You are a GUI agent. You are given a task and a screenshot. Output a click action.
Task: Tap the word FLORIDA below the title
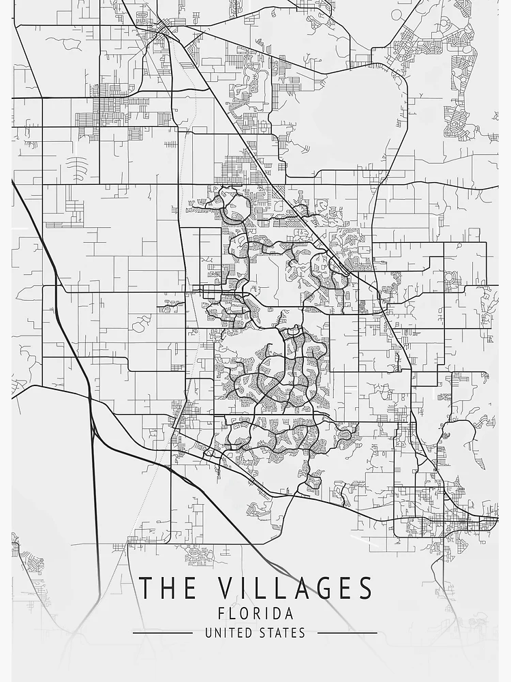coord(255,614)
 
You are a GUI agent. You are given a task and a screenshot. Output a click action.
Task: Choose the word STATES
coord(282,633)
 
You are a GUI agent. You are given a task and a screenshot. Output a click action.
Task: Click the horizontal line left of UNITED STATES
coord(162,633)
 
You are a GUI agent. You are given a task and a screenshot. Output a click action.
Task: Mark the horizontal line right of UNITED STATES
coord(347,633)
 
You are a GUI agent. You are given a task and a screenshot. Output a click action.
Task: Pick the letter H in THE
coord(164,589)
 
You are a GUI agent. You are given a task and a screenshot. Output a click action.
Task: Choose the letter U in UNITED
coord(208,633)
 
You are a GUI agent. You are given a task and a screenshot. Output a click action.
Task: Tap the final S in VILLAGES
coord(365,589)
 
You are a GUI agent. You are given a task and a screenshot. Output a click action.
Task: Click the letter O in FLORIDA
coord(243,614)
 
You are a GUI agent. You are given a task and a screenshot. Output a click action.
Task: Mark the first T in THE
coord(145,589)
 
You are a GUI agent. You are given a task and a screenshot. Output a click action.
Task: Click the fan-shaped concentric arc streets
coord(77,166)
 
